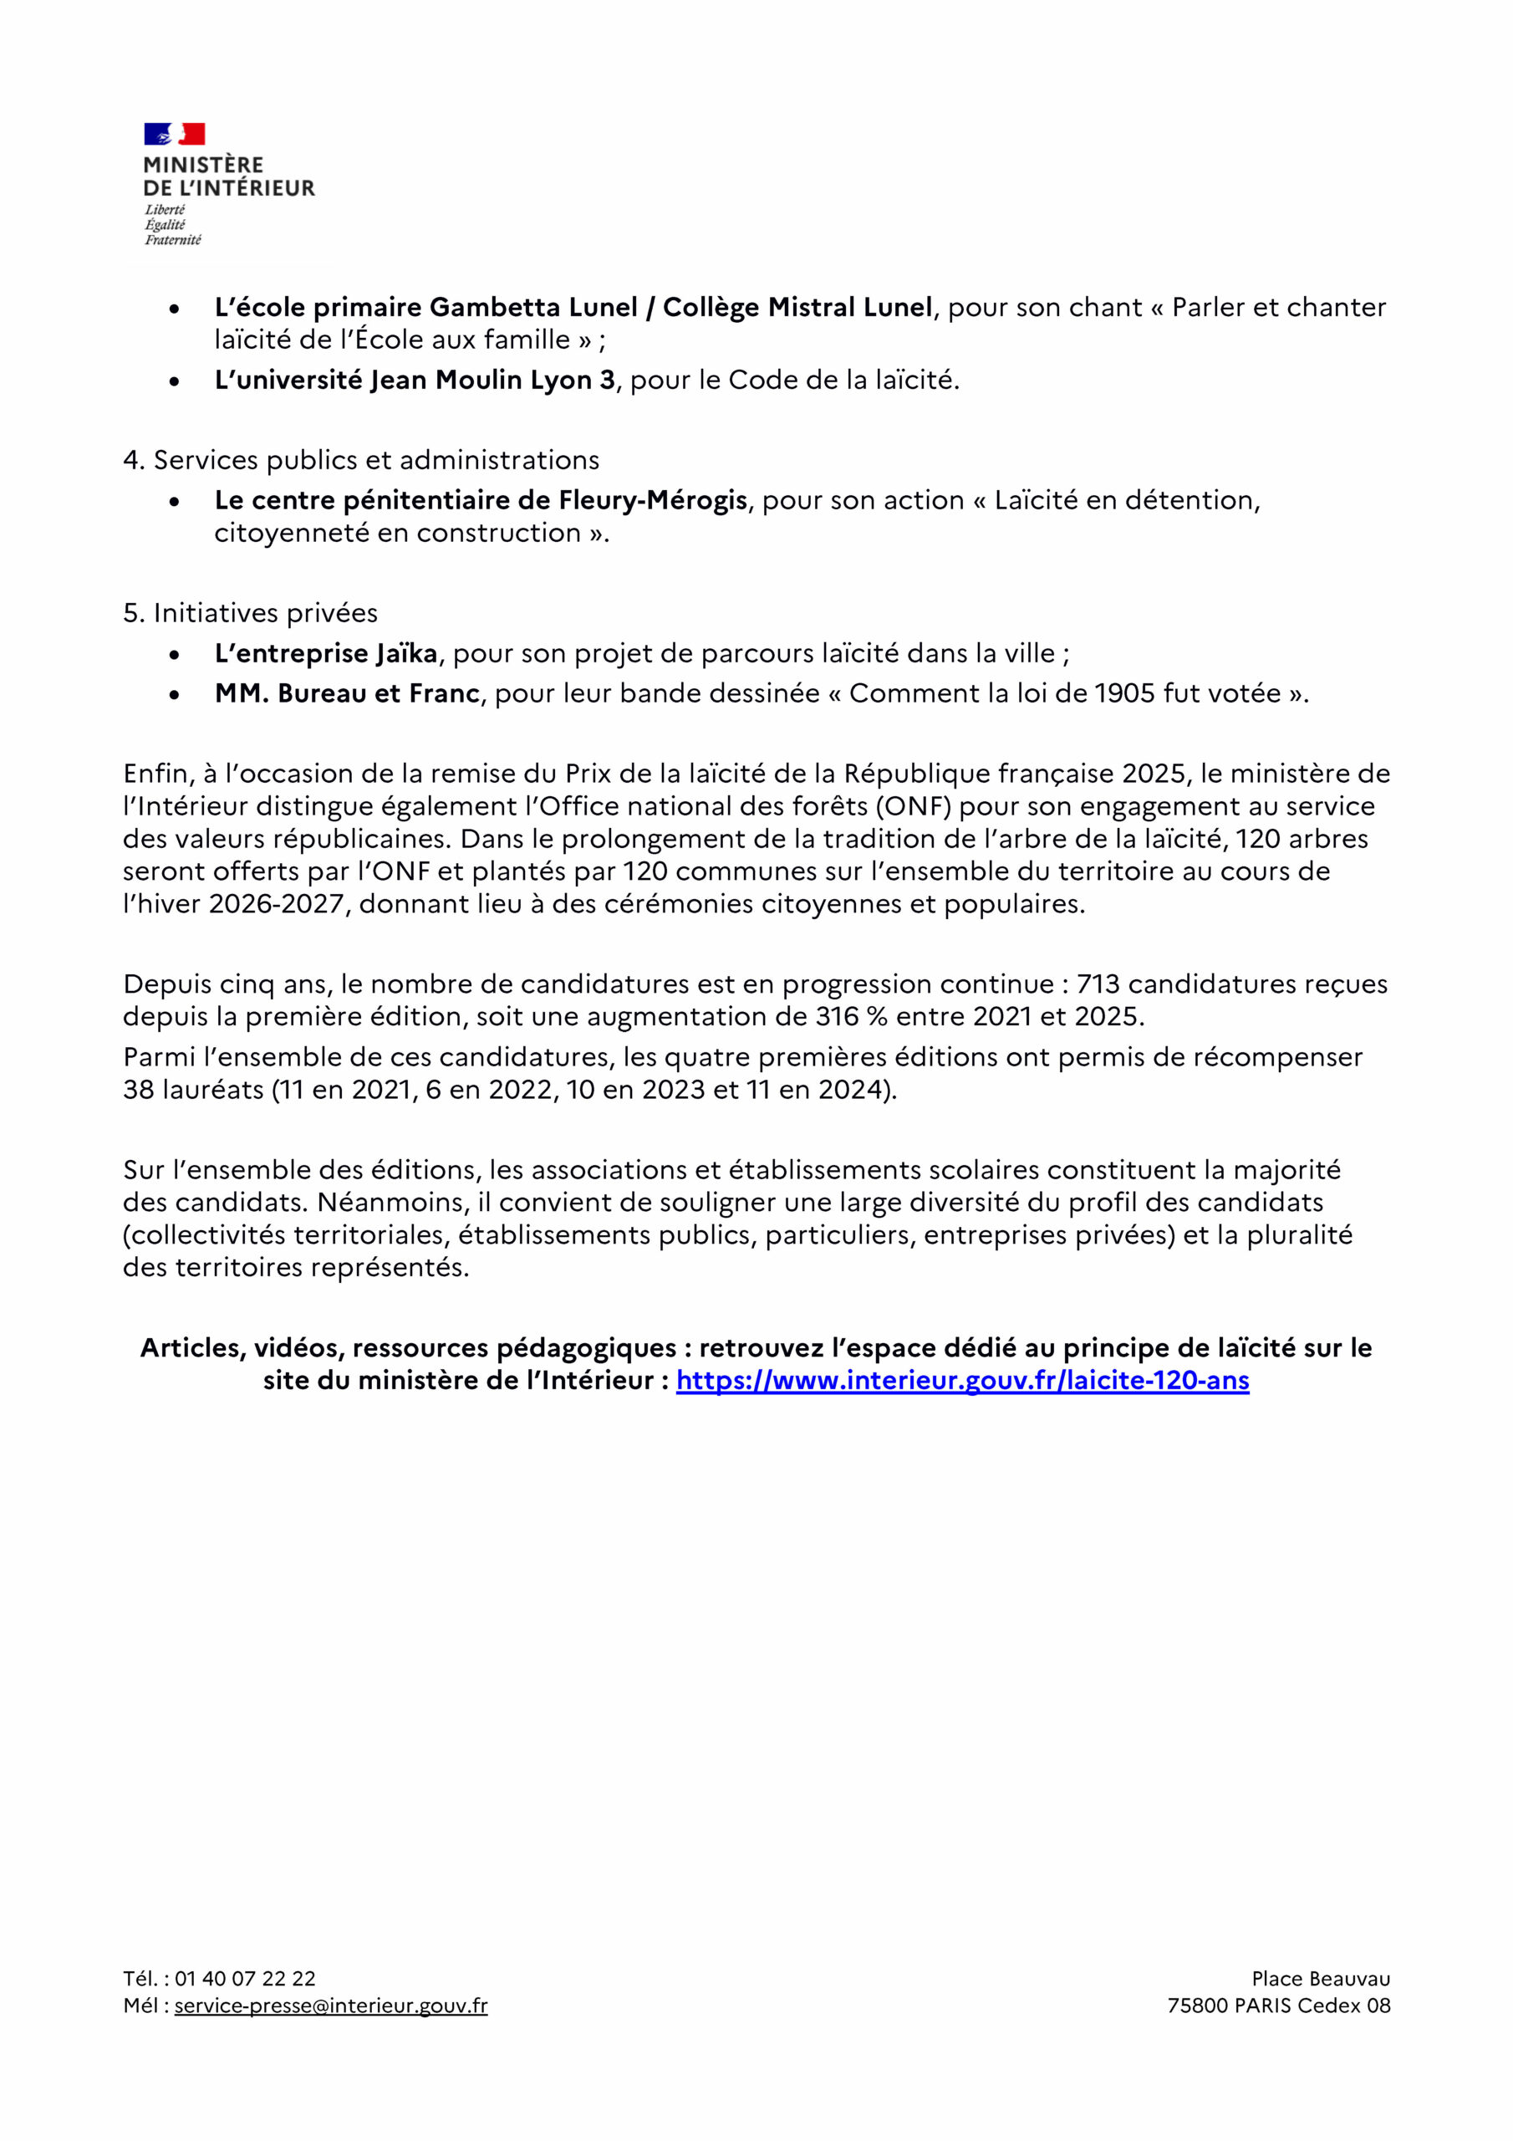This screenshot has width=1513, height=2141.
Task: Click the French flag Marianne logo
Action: (175, 135)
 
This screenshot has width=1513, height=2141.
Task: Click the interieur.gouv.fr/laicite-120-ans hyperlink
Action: (962, 1380)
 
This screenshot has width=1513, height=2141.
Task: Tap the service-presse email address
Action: (331, 2006)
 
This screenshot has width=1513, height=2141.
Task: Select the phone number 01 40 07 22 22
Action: (245, 1979)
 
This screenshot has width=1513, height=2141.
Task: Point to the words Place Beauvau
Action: (1320, 1979)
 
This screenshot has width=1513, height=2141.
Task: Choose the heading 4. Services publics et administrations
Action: (361, 460)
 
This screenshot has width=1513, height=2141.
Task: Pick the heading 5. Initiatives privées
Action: (250, 613)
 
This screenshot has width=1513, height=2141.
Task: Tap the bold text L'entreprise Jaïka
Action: (326, 654)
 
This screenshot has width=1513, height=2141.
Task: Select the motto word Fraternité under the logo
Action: (172, 241)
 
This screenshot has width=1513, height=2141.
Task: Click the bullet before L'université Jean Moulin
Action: (175, 381)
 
